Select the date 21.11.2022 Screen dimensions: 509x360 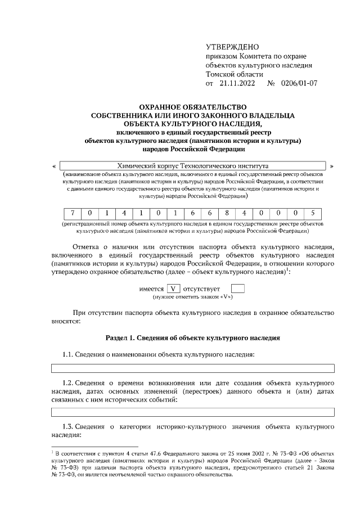237,83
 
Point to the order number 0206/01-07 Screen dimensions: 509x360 299,83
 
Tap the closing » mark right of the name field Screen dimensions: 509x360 332,166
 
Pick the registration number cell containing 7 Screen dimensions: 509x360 73,213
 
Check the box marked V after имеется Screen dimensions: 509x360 173,289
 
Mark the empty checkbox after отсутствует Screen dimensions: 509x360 238,289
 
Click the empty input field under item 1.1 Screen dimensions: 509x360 193,368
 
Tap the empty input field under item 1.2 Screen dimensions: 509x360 193,412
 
